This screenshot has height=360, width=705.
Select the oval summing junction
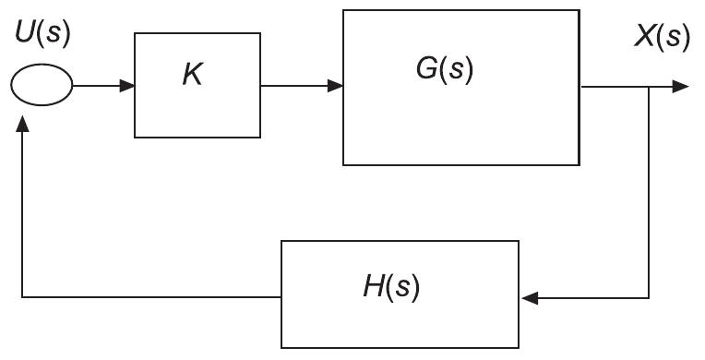click(41, 86)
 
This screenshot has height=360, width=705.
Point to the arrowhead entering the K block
click(128, 86)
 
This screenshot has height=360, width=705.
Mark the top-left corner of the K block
click(135, 34)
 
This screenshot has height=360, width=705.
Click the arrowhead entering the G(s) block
click(336, 86)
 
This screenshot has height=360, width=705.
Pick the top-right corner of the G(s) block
click(580, 11)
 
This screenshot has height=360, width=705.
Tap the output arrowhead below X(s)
click(680, 86)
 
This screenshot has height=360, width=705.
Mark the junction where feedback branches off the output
click(649, 86)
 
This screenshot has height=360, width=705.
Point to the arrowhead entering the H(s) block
click(528, 298)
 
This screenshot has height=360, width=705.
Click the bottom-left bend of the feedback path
click(21, 297)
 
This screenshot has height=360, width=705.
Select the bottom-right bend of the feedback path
click(649, 298)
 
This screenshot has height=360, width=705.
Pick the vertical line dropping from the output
click(649, 194)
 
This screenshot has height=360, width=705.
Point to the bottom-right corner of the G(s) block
click(580, 165)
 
